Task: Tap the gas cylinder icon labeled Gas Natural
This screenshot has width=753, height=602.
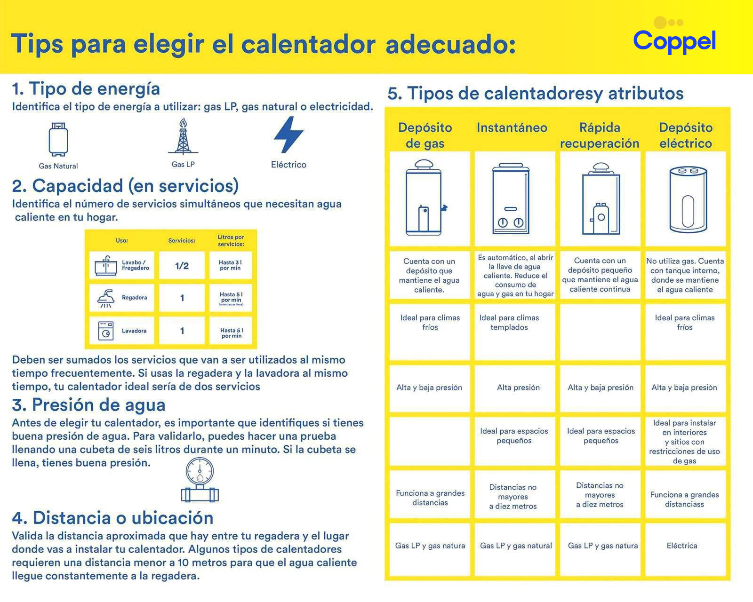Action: (x=58, y=139)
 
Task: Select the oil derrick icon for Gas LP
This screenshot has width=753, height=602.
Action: (x=183, y=137)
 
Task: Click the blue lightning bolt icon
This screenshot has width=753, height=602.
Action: (x=288, y=135)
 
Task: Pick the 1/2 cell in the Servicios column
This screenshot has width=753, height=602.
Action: (x=182, y=266)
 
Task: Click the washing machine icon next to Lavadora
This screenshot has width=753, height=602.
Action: (x=106, y=331)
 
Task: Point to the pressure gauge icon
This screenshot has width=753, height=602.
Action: (x=200, y=479)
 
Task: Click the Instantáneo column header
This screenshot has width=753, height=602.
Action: (x=512, y=127)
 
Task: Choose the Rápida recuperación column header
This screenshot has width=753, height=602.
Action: (x=599, y=135)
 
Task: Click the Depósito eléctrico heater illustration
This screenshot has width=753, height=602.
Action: (x=688, y=199)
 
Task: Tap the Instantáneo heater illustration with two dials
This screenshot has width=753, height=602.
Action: (x=511, y=199)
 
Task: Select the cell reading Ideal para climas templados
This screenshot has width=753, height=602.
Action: (x=509, y=323)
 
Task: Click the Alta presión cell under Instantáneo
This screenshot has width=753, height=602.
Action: (x=518, y=388)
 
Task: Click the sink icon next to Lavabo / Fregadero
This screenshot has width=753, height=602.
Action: (x=106, y=266)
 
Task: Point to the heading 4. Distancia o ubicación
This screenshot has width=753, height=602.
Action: (x=112, y=518)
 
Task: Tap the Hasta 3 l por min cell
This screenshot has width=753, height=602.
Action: (x=230, y=265)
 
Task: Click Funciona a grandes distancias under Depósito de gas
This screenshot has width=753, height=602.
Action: (x=430, y=498)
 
